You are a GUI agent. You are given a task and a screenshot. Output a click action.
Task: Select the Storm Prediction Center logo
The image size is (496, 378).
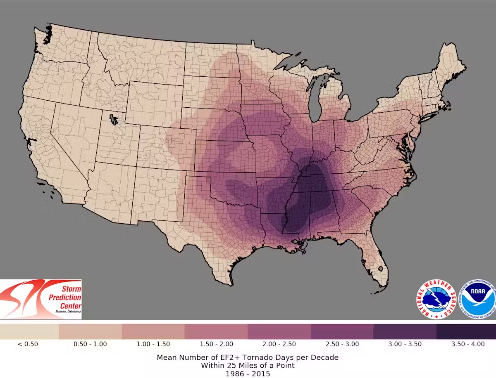click(x=41, y=299)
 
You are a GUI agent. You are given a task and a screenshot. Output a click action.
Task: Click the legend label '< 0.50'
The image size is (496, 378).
click(x=28, y=344)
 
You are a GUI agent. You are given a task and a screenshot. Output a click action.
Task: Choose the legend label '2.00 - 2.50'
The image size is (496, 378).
click(x=279, y=344)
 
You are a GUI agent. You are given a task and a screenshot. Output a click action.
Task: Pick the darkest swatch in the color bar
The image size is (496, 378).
click(x=466, y=331)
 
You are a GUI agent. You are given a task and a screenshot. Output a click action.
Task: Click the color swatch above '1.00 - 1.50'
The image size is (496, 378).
click(x=153, y=331)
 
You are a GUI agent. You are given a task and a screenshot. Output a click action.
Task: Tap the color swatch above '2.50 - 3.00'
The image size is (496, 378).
click(x=342, y=331)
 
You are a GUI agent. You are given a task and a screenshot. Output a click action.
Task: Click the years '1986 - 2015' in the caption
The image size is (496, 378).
click(x=248, y=374)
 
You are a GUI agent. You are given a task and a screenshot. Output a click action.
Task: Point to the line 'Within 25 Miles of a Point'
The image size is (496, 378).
click(x=248, y=366)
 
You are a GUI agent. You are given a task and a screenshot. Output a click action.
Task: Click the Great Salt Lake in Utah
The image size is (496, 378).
click(x=113, y=120)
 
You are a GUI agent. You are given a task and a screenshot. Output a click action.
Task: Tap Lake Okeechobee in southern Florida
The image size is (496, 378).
click(x=381, y=271)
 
